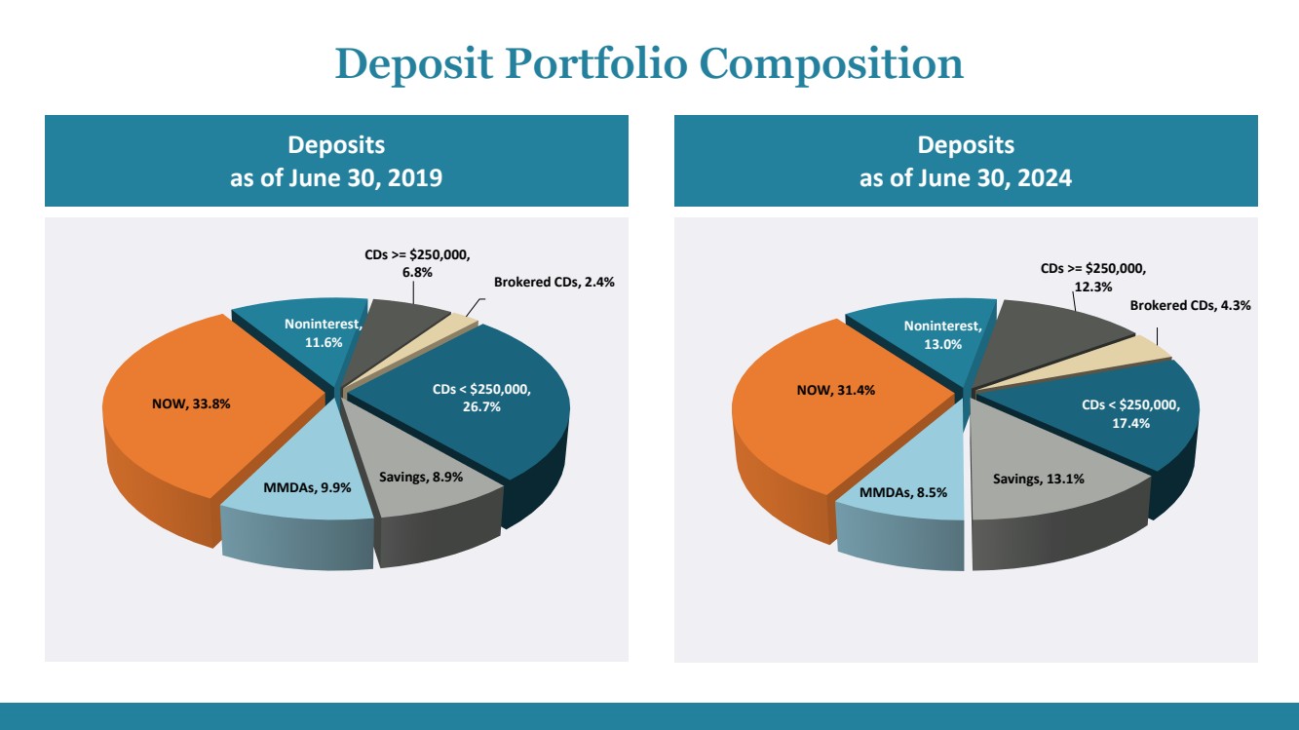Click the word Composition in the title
click(x=831, y=64)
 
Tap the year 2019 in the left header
click(x=414, y=177)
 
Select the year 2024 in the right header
click(x=1045, y=177)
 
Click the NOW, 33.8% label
click(x=191, y=403)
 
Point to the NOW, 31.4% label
click(x=836, y=390)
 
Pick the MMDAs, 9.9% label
click(x=307, y=487)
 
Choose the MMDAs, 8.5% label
click(x=903, y=492)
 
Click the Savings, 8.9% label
click(x=421, y=478)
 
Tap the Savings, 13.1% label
click(x=1039, y=479)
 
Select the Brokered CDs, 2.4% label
click(x=554, y=283)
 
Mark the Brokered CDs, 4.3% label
click(x=1190, y=306)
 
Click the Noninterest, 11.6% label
click(x=323, y=332)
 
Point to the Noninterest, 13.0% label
click(x=943, y=334)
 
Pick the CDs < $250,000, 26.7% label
click(x=481, y=398)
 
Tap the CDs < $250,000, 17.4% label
click(x=1130, y=414)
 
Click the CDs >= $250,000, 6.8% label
click(x=417, y=263)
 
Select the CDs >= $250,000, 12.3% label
click(x=1093, y=277)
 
